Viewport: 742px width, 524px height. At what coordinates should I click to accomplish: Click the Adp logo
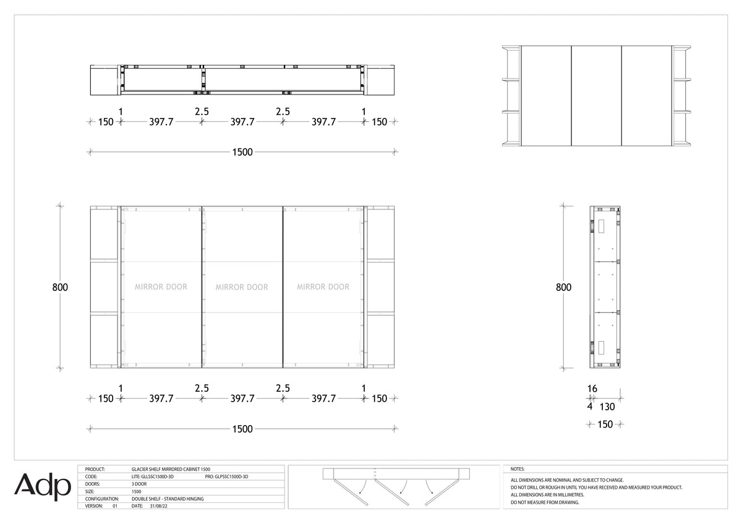[43, 487]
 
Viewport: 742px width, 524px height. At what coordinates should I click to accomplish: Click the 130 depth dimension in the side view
[607, 407]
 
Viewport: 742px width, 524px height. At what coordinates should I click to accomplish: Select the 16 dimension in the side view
[592, 389]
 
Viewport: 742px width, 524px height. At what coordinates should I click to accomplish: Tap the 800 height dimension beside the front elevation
[60, 287]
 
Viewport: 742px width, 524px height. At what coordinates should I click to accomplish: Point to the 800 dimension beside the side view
[563, 287]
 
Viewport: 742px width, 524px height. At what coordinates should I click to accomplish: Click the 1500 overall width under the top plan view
[242, 152]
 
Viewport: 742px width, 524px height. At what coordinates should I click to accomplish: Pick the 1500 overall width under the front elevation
[242, 429]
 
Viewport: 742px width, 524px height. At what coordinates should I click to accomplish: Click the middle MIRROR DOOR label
[242, 287]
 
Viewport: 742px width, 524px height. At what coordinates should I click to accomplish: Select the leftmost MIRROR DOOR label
[161, 287]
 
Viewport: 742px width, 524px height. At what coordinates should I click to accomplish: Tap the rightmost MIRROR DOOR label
[323, 287]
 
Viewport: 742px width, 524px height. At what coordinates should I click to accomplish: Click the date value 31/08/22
[159, 506]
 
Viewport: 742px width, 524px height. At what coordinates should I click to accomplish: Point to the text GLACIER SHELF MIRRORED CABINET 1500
[171, 470]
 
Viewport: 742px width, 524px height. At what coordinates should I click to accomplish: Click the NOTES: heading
[518, 469]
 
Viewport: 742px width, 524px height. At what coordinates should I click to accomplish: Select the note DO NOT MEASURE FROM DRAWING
[545, 502]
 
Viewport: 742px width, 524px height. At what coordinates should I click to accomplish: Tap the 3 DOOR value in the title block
[139, 484]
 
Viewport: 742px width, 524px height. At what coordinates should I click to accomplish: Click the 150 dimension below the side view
[605, 425]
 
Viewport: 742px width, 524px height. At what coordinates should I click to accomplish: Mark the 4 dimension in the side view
[590, 406]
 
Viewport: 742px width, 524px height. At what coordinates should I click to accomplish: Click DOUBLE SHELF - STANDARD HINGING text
[168, 499]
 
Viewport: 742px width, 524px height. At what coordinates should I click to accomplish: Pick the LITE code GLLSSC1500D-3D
[153, 476]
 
